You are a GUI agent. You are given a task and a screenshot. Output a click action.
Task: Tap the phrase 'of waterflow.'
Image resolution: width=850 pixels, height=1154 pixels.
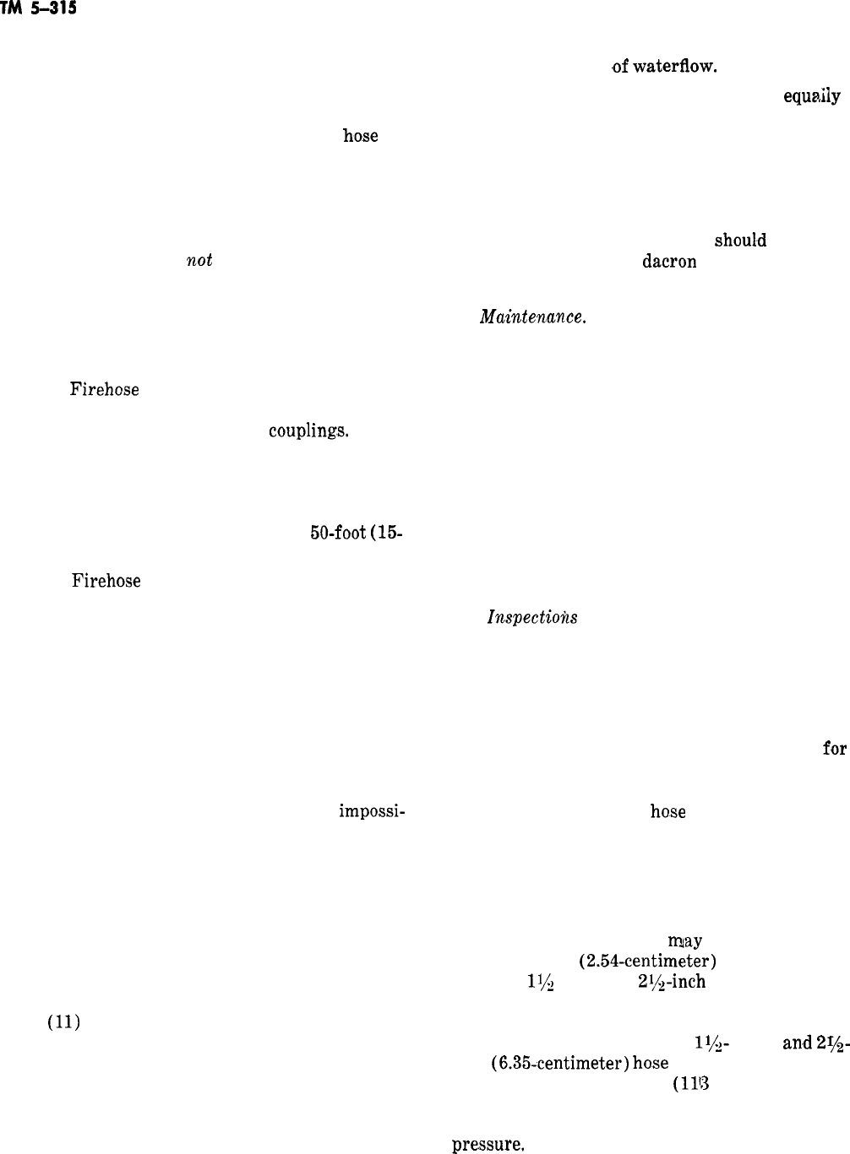[x=665, y=67]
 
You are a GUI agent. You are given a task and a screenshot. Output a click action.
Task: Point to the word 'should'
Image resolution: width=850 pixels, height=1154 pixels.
[x=740, y=240]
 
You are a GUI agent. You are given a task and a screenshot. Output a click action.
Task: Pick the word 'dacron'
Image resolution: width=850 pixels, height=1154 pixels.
[x=669, y=262]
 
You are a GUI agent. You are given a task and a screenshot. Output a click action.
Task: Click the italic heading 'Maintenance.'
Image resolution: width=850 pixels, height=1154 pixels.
[x=532, y=317]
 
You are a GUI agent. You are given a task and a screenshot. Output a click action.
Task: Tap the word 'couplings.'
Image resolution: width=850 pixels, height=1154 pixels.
[x=308, y=431]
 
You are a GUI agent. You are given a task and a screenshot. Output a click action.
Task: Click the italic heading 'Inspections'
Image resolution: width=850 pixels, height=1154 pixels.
[x=532, y=617]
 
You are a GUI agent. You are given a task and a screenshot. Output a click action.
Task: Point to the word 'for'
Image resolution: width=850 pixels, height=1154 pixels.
[x=834, y=748]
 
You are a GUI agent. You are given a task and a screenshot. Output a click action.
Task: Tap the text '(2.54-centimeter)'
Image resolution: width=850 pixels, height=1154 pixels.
[x=648, y=961]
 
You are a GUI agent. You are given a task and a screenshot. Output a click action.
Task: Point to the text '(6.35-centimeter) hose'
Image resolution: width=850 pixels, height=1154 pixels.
[x=580, y=1063]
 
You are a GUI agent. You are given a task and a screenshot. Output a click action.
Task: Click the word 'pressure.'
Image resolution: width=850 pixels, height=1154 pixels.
[x=490, y=1146]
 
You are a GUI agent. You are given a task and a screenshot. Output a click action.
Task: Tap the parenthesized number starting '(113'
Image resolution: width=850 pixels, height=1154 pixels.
[x=689, y=1084]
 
